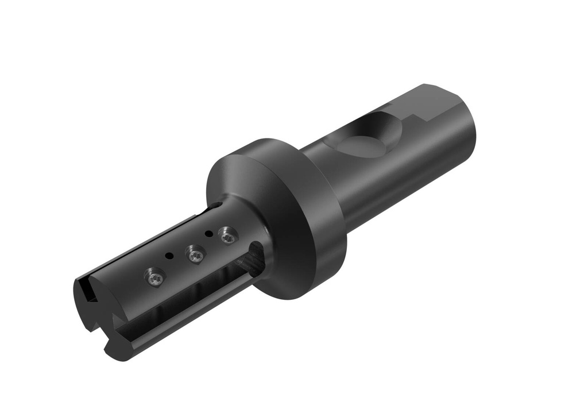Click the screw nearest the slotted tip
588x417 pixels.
coord(154,277)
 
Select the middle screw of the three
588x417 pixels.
coord(194,254)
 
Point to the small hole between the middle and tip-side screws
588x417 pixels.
coord(168,255)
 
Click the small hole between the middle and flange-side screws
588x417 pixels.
coord(208,234)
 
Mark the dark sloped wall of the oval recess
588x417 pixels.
coord(382,124)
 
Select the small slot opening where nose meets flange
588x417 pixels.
coord(217,206)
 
